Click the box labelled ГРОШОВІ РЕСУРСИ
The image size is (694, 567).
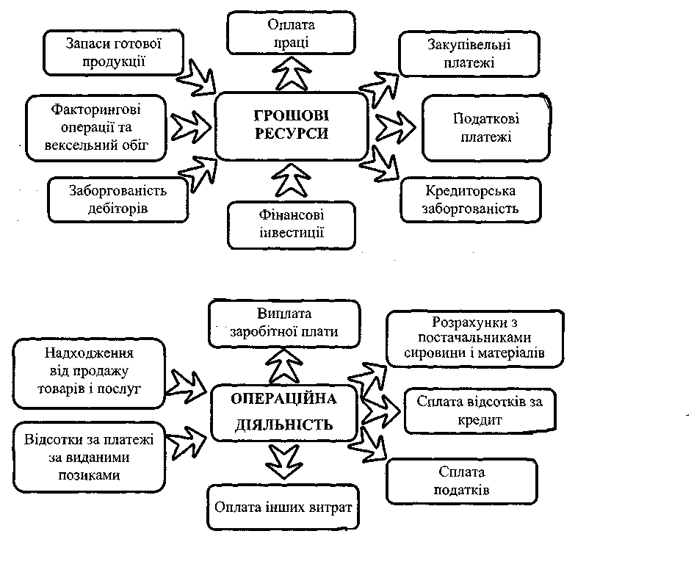pos(291,125)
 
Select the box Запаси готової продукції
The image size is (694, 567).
pos(112,52)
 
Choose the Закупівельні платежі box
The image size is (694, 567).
pos(459,54)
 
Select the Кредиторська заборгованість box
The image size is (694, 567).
pos(471,199)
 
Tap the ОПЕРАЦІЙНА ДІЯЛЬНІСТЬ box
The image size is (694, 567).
pos(283,412)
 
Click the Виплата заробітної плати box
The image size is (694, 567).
pos(283,322)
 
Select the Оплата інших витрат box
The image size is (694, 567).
pos(283,507)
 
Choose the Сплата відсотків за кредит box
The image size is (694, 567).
pos(480,411)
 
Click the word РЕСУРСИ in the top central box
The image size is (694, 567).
pos(291,135)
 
